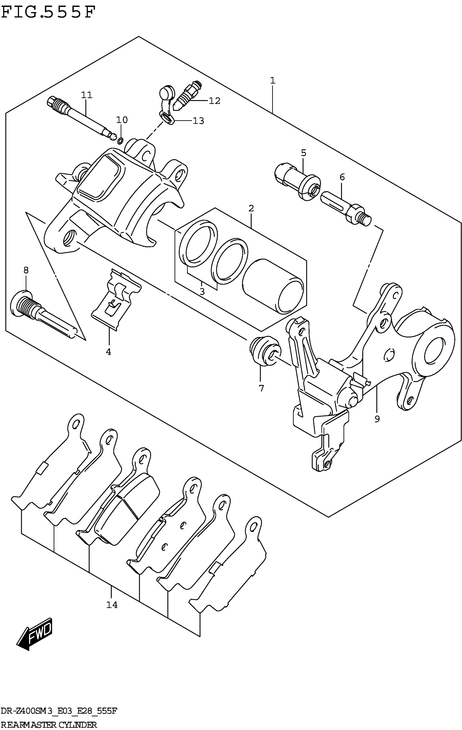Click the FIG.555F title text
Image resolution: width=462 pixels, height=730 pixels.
[x=48, y=13]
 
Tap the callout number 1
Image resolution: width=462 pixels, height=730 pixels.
[x=273, y=81]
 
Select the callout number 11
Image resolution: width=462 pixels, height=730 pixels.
[x=87, y=95]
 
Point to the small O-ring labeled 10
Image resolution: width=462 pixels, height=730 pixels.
[x=120, y=141]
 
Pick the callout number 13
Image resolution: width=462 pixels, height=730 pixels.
[x=198, y=121]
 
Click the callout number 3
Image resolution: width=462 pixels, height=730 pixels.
[x=202, y=292]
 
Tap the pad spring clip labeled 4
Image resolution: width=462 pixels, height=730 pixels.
[x=117, y=299]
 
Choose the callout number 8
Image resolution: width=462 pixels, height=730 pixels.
[x=26, y=270]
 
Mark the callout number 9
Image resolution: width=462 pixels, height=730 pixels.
[x=377, y=419]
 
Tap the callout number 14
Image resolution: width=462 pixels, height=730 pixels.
[x=112, y=605]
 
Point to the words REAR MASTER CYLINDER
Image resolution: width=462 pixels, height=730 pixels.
[x=48, y=725]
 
